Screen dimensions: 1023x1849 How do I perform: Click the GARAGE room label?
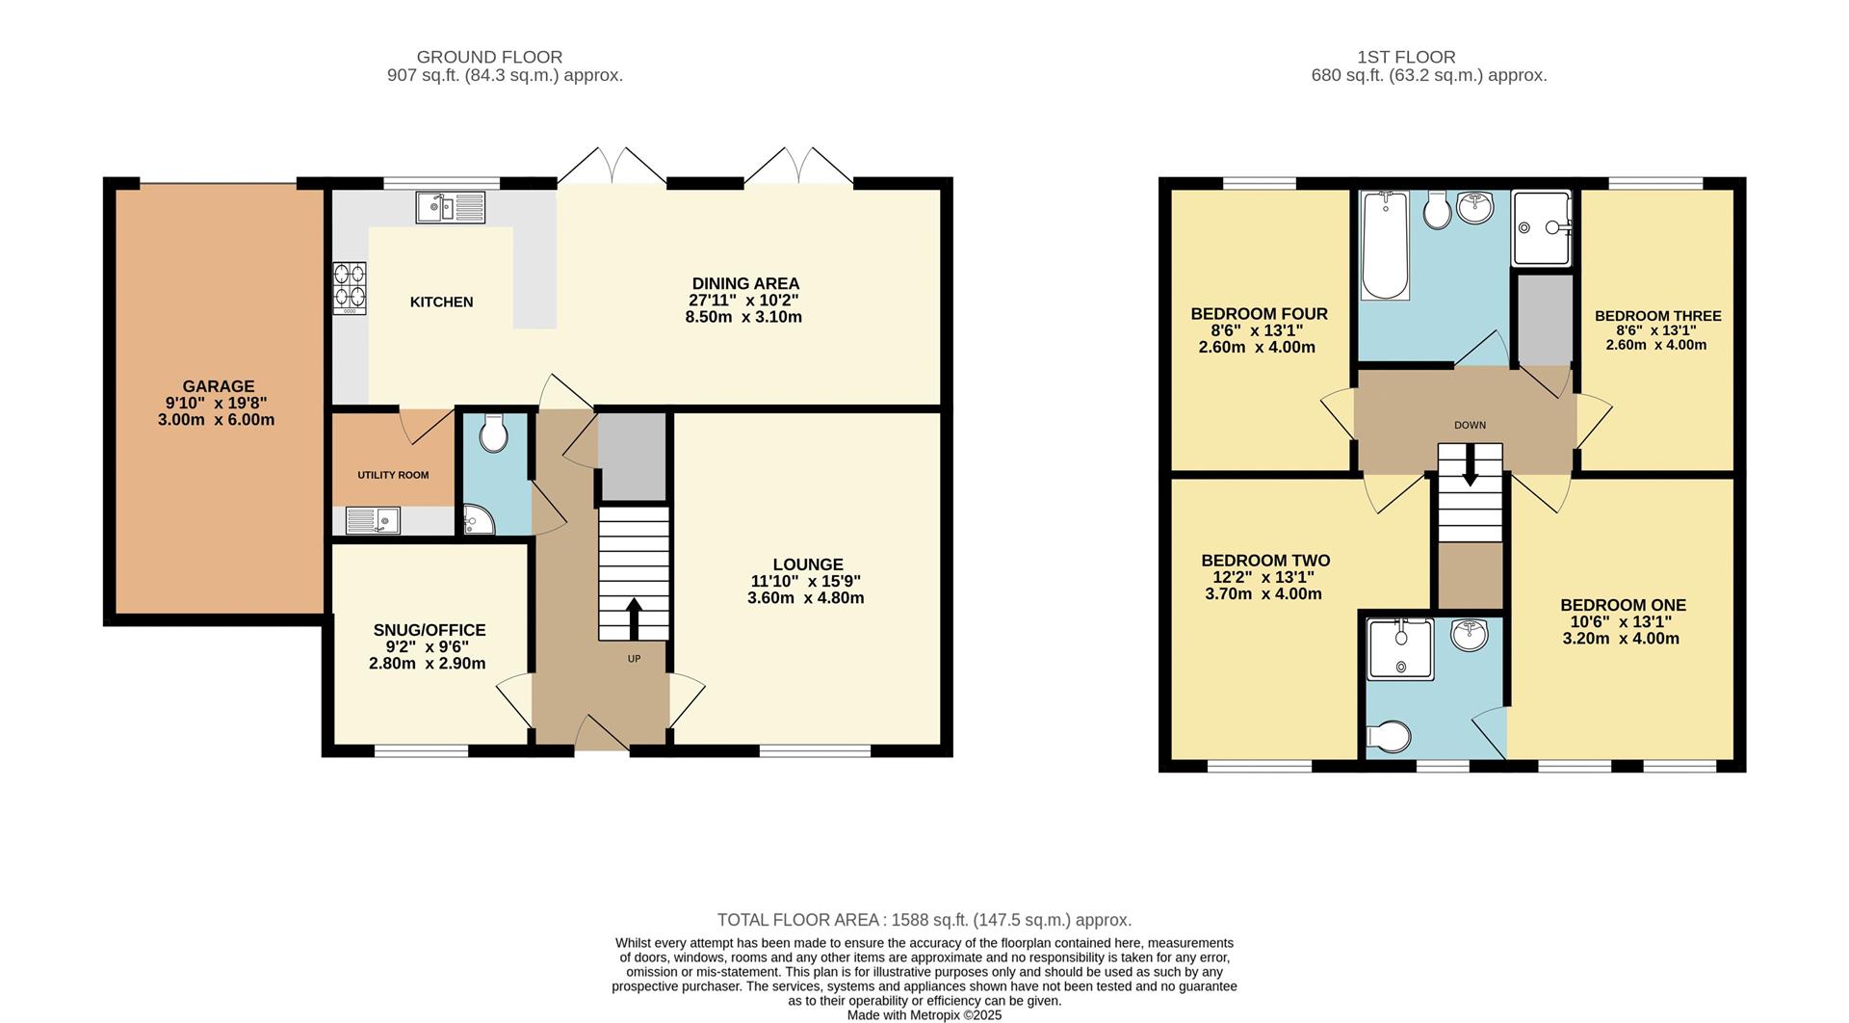[x=219, y=386]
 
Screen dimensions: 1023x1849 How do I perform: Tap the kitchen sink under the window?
[x=451, y=207]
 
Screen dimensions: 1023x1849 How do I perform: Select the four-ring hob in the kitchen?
[x=350, y=288]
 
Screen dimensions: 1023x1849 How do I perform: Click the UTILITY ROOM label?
[x=393, y=475]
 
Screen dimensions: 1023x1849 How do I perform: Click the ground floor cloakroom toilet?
[x=494, y=434]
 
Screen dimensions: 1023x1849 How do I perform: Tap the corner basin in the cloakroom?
[x=477, y=520]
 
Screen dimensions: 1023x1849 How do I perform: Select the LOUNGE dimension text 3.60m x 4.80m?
[x=805, y=598]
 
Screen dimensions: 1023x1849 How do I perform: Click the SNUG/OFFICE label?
[x=430, y=630]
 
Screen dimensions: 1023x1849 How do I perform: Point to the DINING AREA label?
[x=745, y=283]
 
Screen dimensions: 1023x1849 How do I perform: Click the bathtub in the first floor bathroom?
[x=1385, y=246]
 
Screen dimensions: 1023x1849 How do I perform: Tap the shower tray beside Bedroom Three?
[x=1542, y=227]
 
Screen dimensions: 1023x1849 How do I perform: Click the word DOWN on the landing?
[x=1470, y=425]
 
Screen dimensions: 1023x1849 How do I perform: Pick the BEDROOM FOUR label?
[x=1259, y=314]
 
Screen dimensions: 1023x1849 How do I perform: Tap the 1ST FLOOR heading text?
[x=1406, y=57]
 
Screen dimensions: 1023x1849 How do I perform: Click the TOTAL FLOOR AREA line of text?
[x=924, y=920]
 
